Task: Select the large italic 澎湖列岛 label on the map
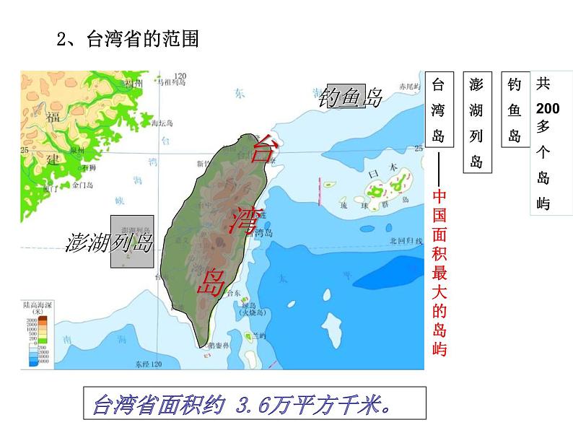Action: pos(110,242)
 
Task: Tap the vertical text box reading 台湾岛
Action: pos(438,110)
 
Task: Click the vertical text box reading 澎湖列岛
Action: pos(476,123)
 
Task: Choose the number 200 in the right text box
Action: pos(548,108)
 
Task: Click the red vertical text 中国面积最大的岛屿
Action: pos(439,273)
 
